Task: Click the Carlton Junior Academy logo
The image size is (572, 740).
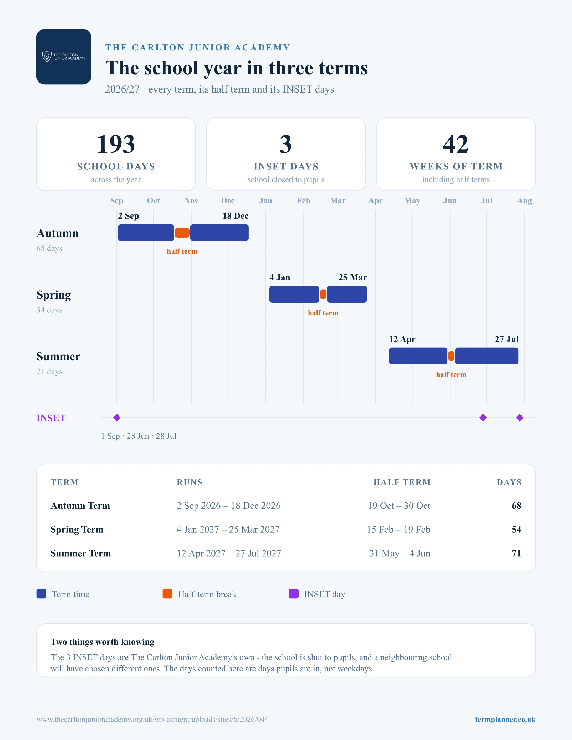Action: click(x=64, y=56)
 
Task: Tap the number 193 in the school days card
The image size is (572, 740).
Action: click(x=116, y=144)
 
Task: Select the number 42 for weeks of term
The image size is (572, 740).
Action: click(x=456, y=144)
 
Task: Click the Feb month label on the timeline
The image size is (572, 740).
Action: click(x=304, y=201)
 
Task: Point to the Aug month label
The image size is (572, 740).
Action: click(x=525, y=201)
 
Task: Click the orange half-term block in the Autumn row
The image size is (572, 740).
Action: click(x=182, y=233)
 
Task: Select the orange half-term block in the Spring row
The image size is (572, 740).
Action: click(x=323, y=294)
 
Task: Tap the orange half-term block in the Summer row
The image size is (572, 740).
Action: click(x=451, y=356)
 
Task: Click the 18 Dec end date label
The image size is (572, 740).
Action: click(x=236, y=216)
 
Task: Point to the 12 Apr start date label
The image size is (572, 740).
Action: click(x=402, y=339)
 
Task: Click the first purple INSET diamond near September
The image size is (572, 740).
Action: click(x=117, y=418)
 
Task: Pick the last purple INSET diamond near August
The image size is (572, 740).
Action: click(x=520, y=418)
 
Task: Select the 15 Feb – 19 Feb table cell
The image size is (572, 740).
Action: click(x=399, y=529)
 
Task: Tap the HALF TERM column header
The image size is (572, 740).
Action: click(x=402, y=482)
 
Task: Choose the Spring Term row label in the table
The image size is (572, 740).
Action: click(x=77, y=529)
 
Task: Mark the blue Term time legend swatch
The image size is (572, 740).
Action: click(x=41, y=594)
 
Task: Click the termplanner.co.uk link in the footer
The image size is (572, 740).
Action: click(x=505, y=719)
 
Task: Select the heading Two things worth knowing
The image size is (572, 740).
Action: click(x=102, y=642)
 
